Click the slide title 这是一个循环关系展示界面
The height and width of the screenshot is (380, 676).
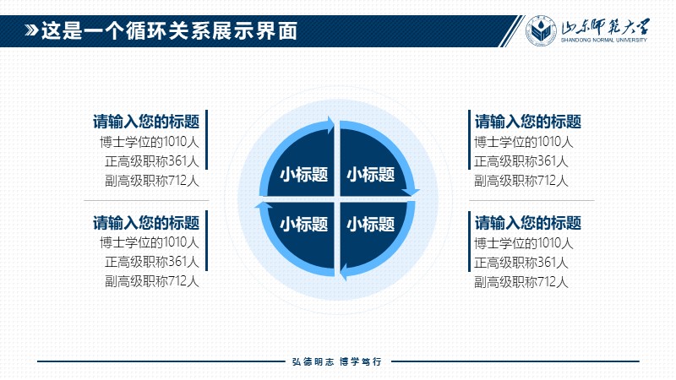[169, 31]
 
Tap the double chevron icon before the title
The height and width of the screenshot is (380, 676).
[31, 30]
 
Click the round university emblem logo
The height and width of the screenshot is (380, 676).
[541, 30]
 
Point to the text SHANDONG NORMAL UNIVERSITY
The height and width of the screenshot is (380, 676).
[603, 40]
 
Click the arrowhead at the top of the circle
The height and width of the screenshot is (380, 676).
[330, 125]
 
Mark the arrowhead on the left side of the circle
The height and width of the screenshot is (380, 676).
[264, 205]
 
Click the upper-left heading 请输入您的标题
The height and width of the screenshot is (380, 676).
[146, 122]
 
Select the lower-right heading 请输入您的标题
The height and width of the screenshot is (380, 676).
[528, 223]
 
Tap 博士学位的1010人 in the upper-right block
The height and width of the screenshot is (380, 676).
[523, 142]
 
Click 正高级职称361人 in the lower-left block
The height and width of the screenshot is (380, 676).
[152, 262]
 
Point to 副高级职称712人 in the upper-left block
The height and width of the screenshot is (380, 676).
[152, 181]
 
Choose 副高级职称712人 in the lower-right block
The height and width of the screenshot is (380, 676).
[521, 282]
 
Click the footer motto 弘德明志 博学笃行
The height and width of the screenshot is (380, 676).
[336, 361]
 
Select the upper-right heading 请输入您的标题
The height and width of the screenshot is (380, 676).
[528, 122]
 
